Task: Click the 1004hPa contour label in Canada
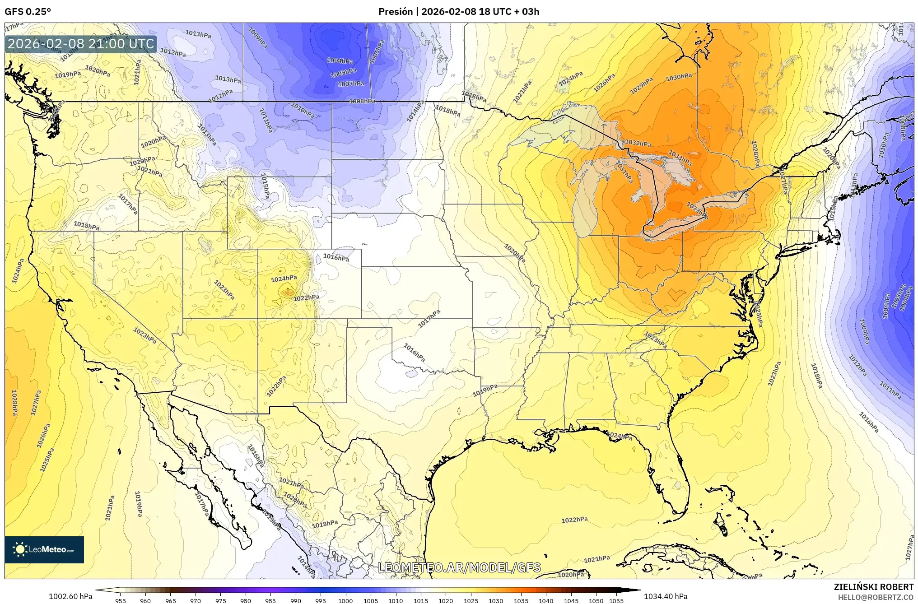click(x=340, y=60)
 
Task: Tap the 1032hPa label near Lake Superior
click(x=638, y=143)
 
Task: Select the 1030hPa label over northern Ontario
click(x=679, y=78)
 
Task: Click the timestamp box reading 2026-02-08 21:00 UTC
click(x=81, y=44)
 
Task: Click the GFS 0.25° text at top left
click(x=28, y=12)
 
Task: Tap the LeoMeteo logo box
click(x=44, y=549)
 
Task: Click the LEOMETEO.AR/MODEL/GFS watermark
click(x=459, y=567)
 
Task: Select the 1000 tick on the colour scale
click(x=345, y=601)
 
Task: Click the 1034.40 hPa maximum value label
click(x=666, y=596)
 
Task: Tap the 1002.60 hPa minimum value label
click(x=70, y=596)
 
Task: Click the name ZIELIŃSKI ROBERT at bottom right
click(x=873, y=587)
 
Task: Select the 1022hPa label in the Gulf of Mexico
click(x=574, y=520)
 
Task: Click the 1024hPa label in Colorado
click(x=284, y=279)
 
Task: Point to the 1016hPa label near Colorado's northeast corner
click(x=336, y=258)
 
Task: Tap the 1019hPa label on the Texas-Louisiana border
click(x=485, y=390)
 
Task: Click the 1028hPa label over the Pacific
click(x=14, y=403)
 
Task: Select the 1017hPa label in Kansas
click(x=429, y=319)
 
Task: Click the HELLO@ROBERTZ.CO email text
click(x=876, y=597)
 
